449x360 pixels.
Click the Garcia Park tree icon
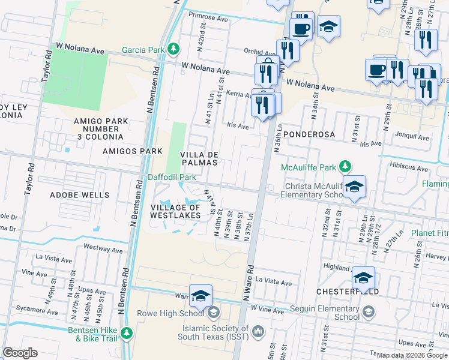pyautogui.click(x=173, y=48)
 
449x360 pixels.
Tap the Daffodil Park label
pyautogui.click(x=172, y=178)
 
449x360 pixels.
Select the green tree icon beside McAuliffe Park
pyautogui.click(x=345, y=166)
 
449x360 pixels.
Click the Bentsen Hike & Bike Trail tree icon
pyautogui.click(x=126, y=332)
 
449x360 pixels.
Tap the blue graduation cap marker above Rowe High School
pyautogui.click(x=200, y=295)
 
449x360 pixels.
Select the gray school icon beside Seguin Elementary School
pyautogui.click(x=368, y=313)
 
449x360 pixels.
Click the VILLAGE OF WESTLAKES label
pyautogui.click(x=175, y=212)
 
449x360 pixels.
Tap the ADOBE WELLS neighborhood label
pyautogui.click(x=80, y=195)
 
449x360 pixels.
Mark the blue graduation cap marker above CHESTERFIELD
pyautogui.click(x=363, y=278)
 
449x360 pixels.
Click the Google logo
pyautogui.click(x=20, y=353)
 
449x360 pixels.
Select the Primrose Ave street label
pyautogui.click(x=208, y=18)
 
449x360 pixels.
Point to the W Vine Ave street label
pyautogui.click(x=267, y=308)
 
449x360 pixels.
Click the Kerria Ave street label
pyautogui.click(x=238, y=95)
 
